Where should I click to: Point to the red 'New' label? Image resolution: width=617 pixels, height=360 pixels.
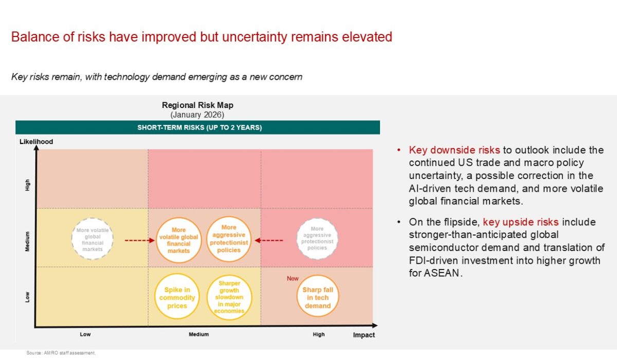pos(293,278)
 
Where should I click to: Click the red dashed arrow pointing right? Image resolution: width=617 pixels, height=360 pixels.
pos(140,241)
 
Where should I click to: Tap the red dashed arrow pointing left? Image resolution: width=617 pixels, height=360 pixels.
pos(269,241)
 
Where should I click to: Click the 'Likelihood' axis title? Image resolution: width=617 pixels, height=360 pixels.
pos(36,141)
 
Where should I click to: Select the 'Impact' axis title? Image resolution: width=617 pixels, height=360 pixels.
pos(364,335)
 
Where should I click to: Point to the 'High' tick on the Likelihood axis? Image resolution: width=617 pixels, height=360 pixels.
pos(27,185)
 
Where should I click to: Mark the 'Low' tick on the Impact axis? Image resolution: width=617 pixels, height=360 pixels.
pos(85,334)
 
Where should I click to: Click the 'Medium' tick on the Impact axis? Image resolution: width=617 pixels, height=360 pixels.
pos(198,334)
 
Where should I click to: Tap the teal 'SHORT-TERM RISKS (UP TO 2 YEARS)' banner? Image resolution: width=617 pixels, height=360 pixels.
pos(198,127)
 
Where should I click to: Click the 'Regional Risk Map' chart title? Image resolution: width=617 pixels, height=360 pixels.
pos(197,105)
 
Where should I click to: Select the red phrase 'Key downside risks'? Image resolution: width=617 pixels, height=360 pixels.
pos(454,150)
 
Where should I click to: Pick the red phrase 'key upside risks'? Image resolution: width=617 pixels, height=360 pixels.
pos(520,222)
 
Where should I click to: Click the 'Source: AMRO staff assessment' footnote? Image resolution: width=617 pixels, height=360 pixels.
pos(61,353)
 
